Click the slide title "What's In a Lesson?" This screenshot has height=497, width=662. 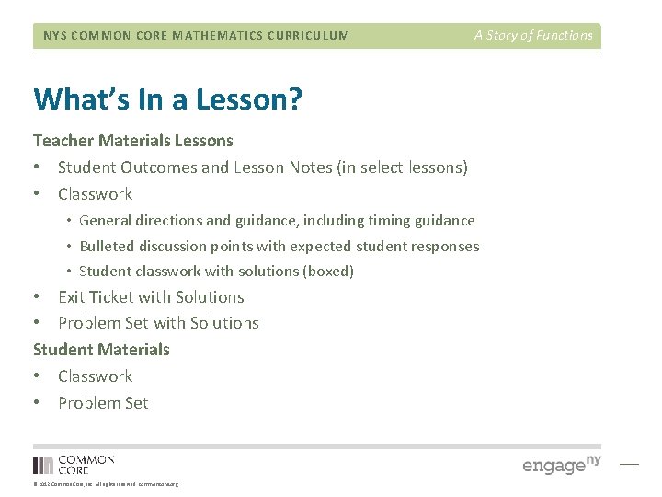pos(166,98)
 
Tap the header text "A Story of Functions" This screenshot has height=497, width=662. pos(533,36)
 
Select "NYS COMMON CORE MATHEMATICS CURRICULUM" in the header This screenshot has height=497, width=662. pos(196,36)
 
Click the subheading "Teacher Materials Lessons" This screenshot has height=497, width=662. pos(133,141)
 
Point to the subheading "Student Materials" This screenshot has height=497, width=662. pos(101,350)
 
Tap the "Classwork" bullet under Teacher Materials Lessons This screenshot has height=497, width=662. pos(95,194)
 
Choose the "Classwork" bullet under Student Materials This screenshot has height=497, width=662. pos(95,376)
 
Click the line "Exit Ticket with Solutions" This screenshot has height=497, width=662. pos(151,297)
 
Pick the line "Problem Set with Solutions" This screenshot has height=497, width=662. pos(158,323)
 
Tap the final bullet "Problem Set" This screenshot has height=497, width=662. pos(103,403)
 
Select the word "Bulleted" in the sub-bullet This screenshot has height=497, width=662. pos(107,247)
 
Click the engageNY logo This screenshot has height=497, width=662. pos(561,464)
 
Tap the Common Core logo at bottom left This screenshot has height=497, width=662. pos(74,465)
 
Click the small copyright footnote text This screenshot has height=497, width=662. pos(106,484)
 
